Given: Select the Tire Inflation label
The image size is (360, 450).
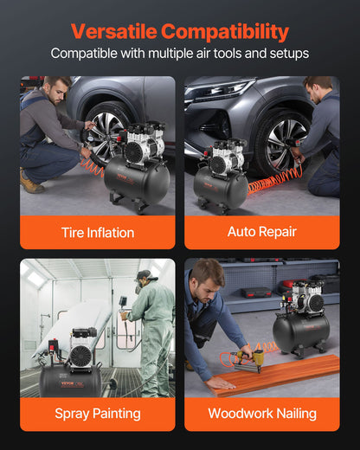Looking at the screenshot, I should (x=98, y=232).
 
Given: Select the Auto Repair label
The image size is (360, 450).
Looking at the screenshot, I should (x=261, y=232).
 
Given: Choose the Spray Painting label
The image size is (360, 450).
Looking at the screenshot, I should (x=98, y=414).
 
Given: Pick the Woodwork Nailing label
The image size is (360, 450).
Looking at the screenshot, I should (x=261, y=414).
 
